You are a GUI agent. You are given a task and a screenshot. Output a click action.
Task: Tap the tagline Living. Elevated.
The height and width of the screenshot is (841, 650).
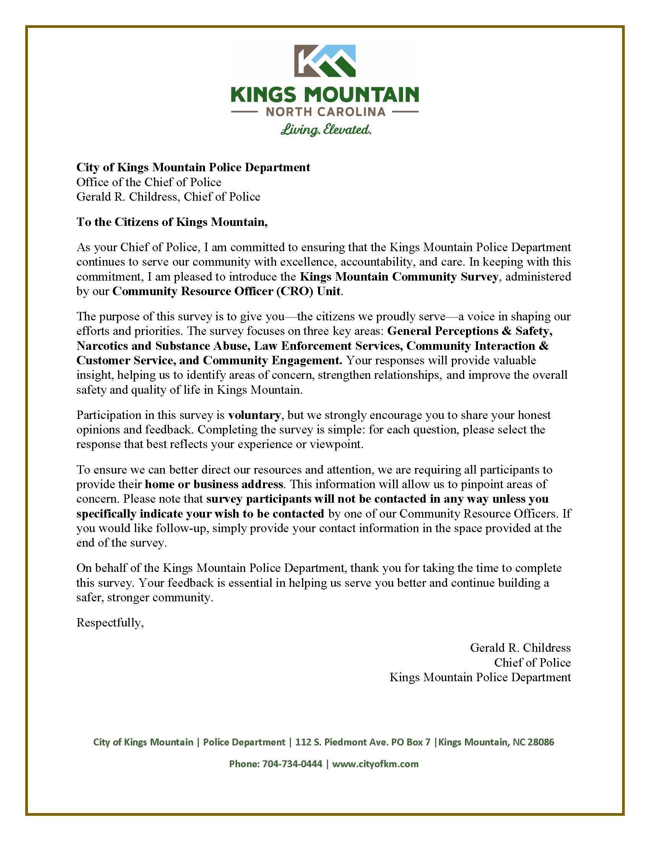325,129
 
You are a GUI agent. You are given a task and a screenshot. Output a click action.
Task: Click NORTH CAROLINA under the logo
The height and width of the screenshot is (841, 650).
325,112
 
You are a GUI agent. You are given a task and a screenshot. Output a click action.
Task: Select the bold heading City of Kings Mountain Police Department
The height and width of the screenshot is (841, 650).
193,167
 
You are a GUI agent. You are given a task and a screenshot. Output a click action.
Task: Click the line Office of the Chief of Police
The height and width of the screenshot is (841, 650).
149,182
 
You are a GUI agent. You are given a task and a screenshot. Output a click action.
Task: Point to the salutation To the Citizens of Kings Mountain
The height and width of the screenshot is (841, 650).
172,222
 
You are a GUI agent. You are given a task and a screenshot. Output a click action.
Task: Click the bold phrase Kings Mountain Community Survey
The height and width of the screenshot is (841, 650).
399,277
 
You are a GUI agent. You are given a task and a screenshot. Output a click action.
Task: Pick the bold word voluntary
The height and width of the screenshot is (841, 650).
254,415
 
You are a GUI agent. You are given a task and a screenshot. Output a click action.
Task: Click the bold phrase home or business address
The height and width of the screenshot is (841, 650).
214,484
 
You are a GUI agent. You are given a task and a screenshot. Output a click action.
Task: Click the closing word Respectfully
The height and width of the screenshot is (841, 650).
110,623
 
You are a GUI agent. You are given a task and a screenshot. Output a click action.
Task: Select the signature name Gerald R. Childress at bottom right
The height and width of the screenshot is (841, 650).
520,648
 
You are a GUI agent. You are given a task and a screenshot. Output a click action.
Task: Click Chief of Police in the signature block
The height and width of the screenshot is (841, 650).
532,662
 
